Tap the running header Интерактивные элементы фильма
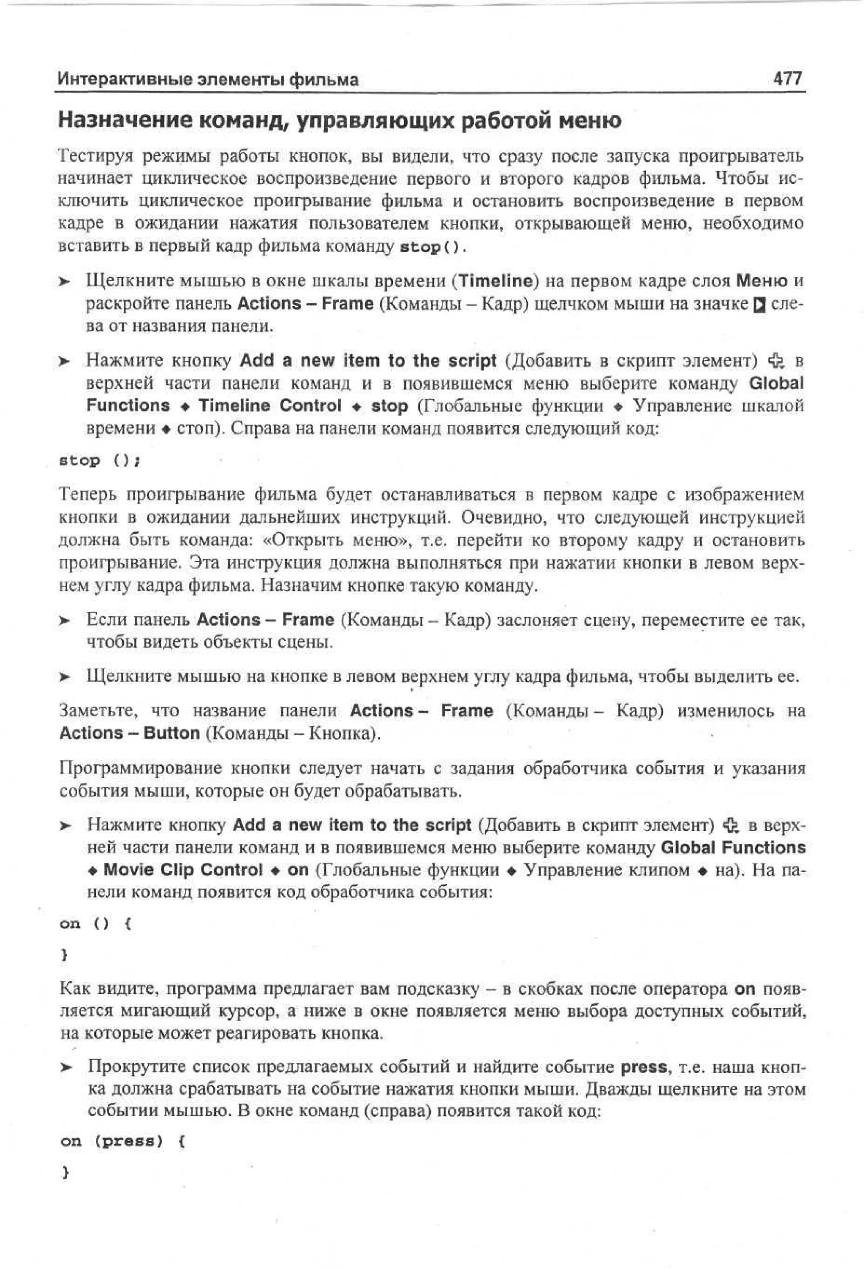pyautogui.click(x=208, y=80)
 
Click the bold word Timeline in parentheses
pyautogui.click(x=495, y=281)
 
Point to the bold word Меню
pyautogui.click(x=762, y=281)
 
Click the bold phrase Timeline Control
pyautogui.click(x=270, y=406)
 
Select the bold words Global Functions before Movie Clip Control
pyautogui.click(x=733, y=848)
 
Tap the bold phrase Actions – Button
pyautogui.click(x=130, y=733)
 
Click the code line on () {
pyautogui.click(x=95, y=924)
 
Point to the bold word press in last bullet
pyautogui.click(x=644, y=1067)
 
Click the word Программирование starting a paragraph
pyautogui.click(x=139, y=768)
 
